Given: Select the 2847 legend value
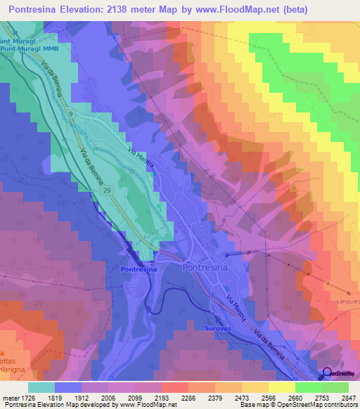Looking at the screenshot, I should (347, 398).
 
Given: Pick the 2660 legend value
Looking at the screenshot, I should (295, 398).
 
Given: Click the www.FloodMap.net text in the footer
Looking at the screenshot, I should (148, 405).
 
